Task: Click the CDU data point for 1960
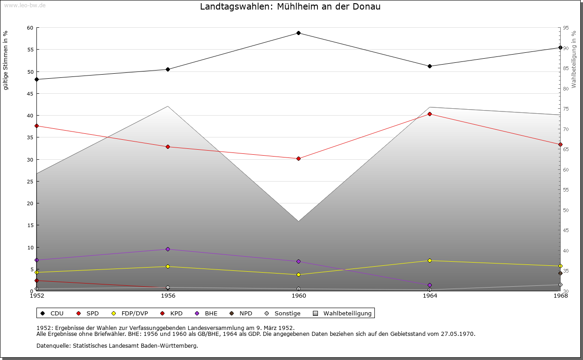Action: pos(299,33)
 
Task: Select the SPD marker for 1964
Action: pos(430,114)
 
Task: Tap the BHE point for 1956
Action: pos(168,249)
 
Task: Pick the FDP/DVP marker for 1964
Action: pos(430,260)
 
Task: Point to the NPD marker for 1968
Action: pos(560,273)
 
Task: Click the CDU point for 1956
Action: pos(168,69)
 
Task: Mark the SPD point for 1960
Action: pos(299,158)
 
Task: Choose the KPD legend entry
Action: pos(176,313)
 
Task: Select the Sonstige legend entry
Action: pos(287,313)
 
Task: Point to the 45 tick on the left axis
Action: pos(30,93)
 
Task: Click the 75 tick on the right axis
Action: pos(566,109)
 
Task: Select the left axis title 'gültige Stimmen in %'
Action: pos(6,60)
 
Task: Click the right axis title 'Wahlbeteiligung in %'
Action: pos(574,59)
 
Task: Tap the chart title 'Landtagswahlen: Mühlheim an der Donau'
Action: pos(290,7)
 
